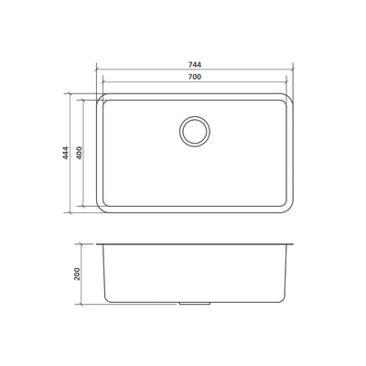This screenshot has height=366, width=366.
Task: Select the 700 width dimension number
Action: tap(195, 80)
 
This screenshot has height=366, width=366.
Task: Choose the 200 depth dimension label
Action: tap(80, 274)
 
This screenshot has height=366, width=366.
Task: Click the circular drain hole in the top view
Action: tap(195, 130)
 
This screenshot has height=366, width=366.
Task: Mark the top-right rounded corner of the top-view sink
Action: tap(291, 95)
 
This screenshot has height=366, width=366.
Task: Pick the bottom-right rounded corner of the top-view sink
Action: tap(291, 210)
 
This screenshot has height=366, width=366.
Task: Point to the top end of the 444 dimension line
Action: tap(69, 92)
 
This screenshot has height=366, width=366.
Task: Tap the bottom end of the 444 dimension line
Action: tap(69, 212)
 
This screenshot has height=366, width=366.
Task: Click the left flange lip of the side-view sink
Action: tap(100, 245)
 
